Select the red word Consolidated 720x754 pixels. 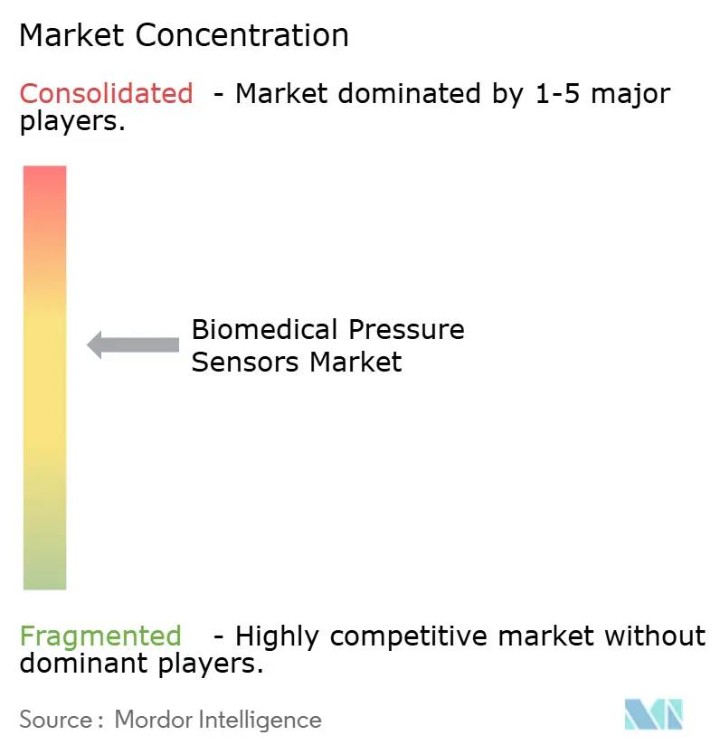106,93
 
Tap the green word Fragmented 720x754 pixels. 100,636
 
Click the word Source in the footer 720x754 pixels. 55,720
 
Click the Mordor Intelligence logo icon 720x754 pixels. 653,714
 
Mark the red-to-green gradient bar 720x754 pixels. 44,377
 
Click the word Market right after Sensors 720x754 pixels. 355,362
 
